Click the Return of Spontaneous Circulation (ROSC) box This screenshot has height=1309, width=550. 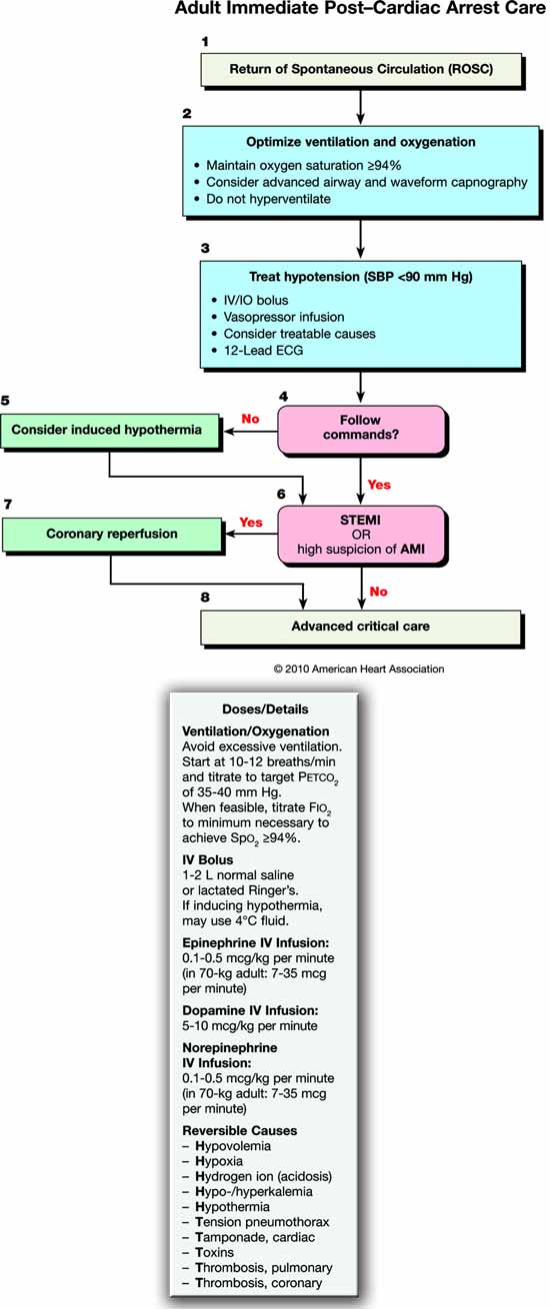pos(361,69)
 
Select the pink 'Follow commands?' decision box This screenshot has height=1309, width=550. pos(360,431)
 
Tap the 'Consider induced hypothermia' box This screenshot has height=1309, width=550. pos(109,430)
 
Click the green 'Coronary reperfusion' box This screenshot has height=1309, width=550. pos(112,534)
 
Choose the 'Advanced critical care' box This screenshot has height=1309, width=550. pos(360,627)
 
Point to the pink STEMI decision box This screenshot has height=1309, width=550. pos(360,534)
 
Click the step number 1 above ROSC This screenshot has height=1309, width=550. pos(205,42)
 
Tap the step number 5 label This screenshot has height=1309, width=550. pos(6,401)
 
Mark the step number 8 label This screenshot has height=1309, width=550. pos(205,598)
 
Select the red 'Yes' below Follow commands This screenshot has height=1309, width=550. pos(379,485)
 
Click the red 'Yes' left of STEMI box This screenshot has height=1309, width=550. pos(252,521)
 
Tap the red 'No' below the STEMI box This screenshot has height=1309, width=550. pos(378,591)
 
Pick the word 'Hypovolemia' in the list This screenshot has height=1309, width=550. pos(234,1146)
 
